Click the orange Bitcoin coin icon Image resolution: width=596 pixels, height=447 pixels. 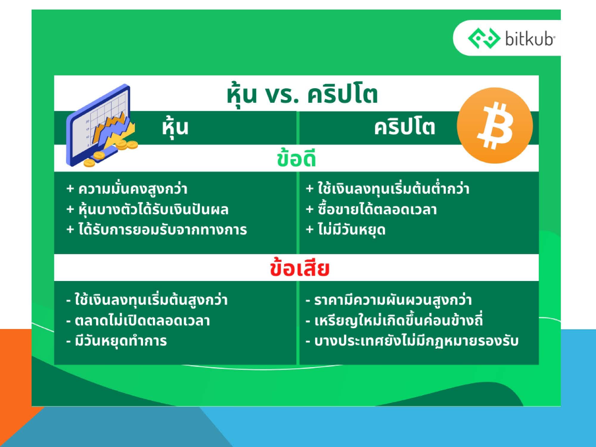[495, 125]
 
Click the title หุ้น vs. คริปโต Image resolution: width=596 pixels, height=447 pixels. [302, 95]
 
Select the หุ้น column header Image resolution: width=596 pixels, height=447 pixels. [175, 128]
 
